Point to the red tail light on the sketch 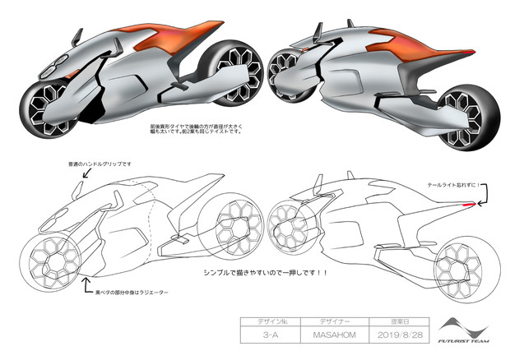468,202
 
